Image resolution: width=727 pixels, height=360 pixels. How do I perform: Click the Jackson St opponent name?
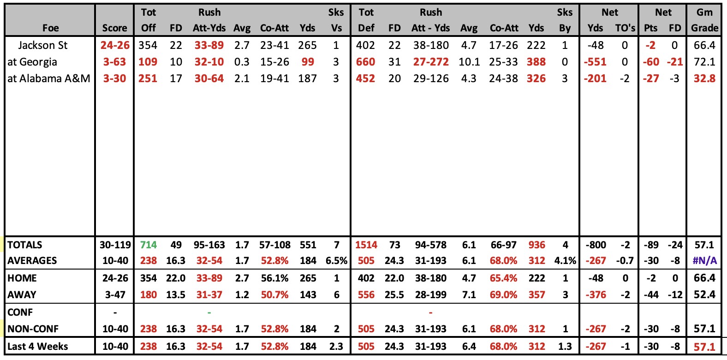[42, 45]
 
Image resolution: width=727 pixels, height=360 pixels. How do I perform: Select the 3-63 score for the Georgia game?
[114, 62]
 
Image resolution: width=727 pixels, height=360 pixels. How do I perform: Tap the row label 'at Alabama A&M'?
[49, 78]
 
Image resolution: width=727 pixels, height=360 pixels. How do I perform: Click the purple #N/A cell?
[704, 261]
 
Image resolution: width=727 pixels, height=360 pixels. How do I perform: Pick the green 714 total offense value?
[149, 245]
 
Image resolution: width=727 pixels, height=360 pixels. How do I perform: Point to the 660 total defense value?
[365, 62]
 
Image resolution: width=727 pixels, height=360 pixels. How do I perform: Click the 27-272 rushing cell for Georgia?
[431, 62]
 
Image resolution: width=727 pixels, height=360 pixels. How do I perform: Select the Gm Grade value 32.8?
[704, 78]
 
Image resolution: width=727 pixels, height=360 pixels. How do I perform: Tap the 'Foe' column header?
[51, 28]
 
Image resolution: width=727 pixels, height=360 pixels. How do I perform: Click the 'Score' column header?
[114, 28]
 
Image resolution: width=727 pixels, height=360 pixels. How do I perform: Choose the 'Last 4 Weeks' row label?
[38, 346]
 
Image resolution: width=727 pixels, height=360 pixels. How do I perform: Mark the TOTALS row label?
[24, 245]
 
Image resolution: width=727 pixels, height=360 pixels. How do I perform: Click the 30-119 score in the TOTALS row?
[115, 245]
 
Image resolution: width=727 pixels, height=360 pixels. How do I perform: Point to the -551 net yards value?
[595, 62]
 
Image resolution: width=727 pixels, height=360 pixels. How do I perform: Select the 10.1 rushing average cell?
[469, 62]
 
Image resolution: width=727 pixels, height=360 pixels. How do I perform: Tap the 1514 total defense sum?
[366, 245]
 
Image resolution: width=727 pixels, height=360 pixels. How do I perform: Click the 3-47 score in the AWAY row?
[115, 295]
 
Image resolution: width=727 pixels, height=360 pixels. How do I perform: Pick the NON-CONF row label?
[33, 329]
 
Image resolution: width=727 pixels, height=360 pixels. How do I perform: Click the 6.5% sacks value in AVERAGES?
[336, 261]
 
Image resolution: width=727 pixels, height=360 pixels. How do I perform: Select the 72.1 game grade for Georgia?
[704, 62]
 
